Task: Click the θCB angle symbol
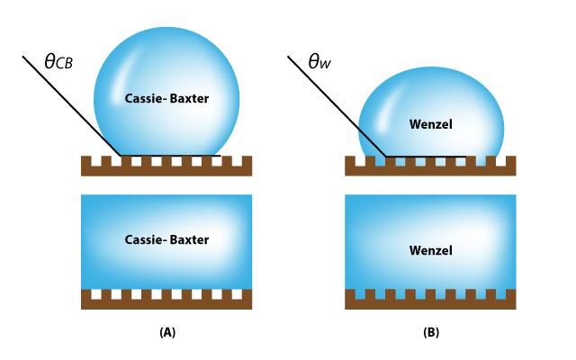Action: pos(58,62)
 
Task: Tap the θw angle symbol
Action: pos(320,62)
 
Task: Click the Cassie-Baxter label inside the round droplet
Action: pos(166,98)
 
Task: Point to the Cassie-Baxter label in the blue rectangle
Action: pos(166,240)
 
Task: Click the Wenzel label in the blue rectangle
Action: pos(430,249)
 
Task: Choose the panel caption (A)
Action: pos(166,332)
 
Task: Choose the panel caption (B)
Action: pos(431,332)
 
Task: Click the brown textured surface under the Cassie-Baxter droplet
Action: pos(166,170)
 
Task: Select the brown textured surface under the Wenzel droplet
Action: pos(430,170)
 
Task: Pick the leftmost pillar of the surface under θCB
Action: pos(86,161)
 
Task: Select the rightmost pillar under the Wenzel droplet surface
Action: pos(510,161)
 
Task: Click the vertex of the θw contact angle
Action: pos(386,156)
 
